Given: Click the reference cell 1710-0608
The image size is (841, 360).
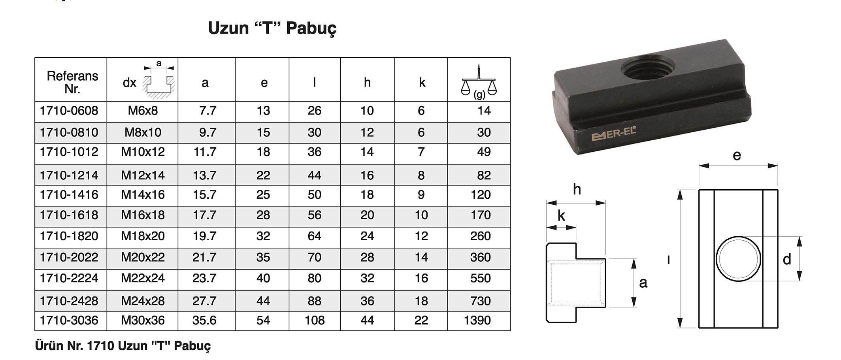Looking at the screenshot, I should pyautogui.click(x=69, y=111).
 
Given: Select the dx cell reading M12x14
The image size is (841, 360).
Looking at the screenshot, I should pyautogui.click(x=143, y=175).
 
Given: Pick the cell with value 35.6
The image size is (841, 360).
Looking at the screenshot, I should pyautogui.click(x=204, y=320).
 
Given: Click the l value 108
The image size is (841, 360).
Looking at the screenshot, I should pyautogui.click(x=314, y=320).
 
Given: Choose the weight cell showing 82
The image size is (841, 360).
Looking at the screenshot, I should pyautogui.click(x=483, y=175).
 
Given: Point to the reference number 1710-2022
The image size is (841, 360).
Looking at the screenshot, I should pyautogui.click(x=69, y=257).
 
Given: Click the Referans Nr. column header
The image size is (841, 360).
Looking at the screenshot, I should pyautogui.click(x=72, y=82).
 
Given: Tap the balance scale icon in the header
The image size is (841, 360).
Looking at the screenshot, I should pyautogui.click(x=479, y=82).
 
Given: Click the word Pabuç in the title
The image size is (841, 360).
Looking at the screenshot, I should pyautogui.click(x=311, y=28).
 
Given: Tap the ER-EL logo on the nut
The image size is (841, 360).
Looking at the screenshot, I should pyautogui.click(x=614, y=135).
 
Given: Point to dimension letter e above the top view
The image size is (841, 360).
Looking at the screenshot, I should pyautogui.click(x=737, y=155).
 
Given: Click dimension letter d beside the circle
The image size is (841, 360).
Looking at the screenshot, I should pyautogui.click(x=787, y=259).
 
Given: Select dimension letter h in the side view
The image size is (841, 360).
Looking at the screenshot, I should pyautogui.click(x=577, y=190).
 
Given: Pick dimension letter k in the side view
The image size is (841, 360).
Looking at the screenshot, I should pyautogui.click(x=561, y=216).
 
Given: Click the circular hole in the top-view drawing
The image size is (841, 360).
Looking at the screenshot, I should pyautogui.click(x=738, y=259).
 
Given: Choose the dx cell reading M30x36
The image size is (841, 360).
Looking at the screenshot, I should pyautogui.click(x=143, y=320).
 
